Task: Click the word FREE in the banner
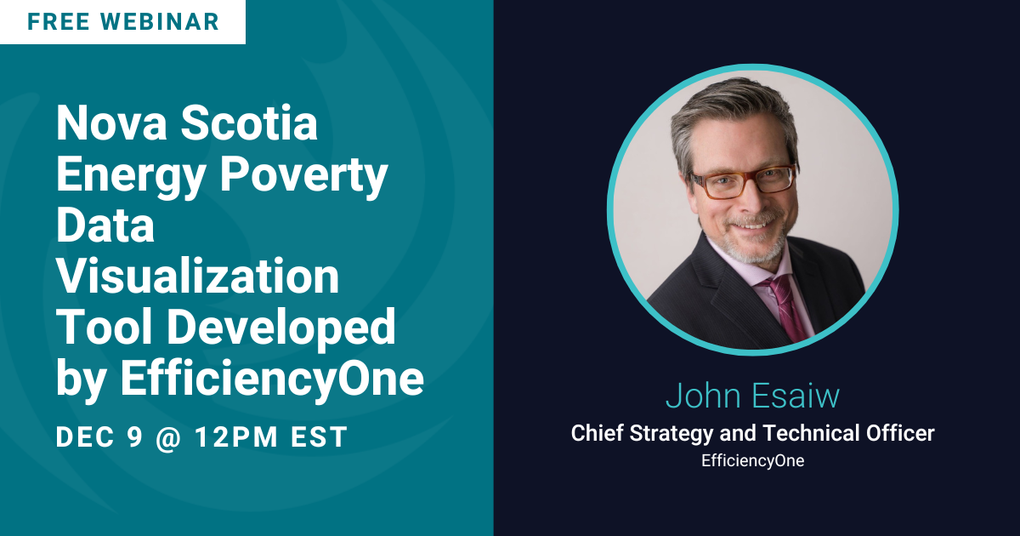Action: coord(59,22)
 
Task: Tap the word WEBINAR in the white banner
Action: coord(161,22)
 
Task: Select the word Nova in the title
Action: coord(111,123)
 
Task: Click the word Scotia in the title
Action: coord(249,123)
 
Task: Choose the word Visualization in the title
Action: coord(197,276)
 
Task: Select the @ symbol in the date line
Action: coord(169,437)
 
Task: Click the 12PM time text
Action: coord(236,436)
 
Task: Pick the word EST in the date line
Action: coord(320,436)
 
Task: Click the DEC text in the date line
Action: coord(85,436)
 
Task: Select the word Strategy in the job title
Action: coord(671,433)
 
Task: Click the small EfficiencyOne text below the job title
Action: coord(753,461)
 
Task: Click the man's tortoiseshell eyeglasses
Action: coord(743,181)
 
